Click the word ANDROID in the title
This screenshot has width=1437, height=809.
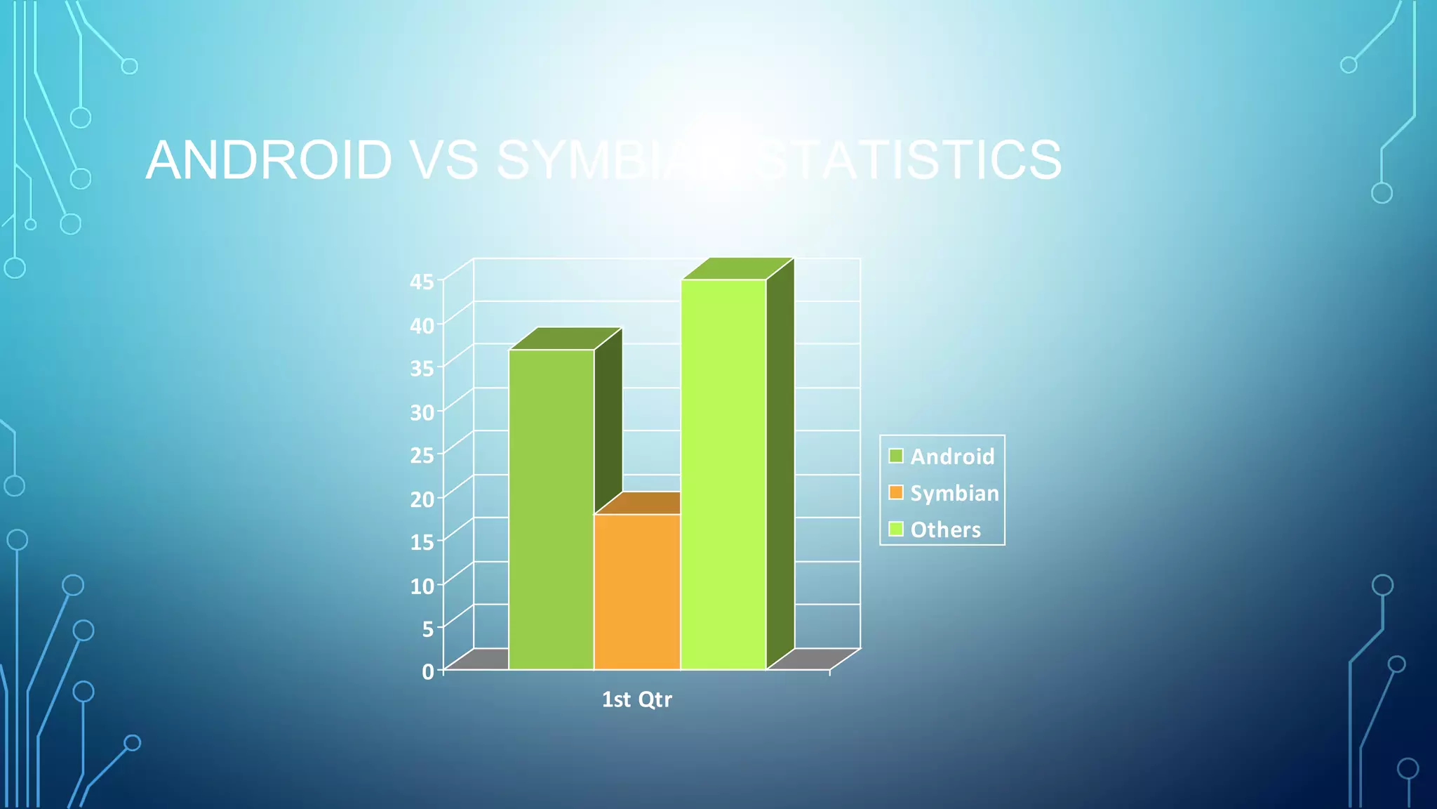pyautogui.click(x=269, y=159)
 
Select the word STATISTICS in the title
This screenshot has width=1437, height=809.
pyautogui.click(x=909, y=159)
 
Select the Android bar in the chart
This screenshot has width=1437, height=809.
pyautogui.click(x=552, y=509)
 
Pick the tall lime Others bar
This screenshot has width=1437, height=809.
pyautogui.click(x=723, y=474)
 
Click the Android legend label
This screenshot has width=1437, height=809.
pyautogui.click(x=952, y=456)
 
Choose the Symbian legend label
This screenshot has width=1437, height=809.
pyautogui.click(x=954, y=493)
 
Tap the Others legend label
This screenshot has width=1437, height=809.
pyautogui.click(x=945, y=530)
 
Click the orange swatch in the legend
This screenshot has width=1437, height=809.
pyautogui.click(x=896, y=492)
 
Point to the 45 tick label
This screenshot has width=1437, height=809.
pyautogui.click(x=422, y=282)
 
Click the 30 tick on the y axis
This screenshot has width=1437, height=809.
pyautogui.click(x=422, y=412)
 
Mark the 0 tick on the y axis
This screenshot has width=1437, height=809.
pyautogui.click(x=428, y=671)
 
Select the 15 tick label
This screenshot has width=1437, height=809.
pyautogui.click(x=422, y=542)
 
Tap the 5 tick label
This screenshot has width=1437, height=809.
pyautogui.click(x=428, y=629)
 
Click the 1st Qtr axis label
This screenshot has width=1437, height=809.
pyautogui.click(x=636, y=699)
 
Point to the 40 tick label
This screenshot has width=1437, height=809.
pyautogui.click(x=422, y=325)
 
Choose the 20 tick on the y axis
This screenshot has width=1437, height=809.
pyautogui.click(x=422, y=499)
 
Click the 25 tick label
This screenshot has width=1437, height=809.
pyautogui.click(x=422, y=455)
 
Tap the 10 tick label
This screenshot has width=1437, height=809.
pyautogui.click(x=422, y=585)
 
